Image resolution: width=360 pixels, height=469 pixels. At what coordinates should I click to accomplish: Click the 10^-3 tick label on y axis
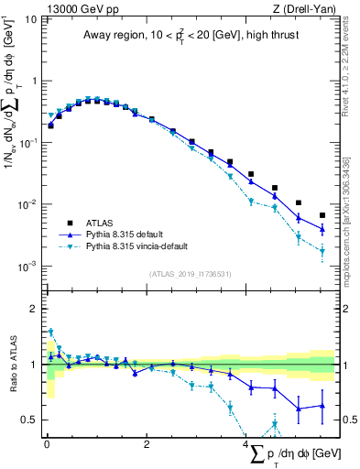pyautogui.click(x=27, y=267)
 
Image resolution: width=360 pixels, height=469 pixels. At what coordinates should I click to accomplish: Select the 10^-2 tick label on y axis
pyautogui.click(x=27, y=204)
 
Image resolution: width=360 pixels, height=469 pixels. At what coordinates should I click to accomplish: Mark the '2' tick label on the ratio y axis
pyautogui.click(x=34, y=309)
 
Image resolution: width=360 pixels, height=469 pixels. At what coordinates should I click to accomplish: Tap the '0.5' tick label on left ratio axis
pyautogui.click(x=29, y=420)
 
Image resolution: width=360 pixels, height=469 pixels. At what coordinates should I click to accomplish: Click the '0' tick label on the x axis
pyautogui.click(x=47, y=444)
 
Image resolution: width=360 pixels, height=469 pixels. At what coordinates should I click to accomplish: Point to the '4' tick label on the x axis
pyautogui.click(x=246, y=444)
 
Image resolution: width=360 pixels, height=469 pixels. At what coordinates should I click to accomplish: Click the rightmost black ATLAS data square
pyautogui.click(x=322, y=215)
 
